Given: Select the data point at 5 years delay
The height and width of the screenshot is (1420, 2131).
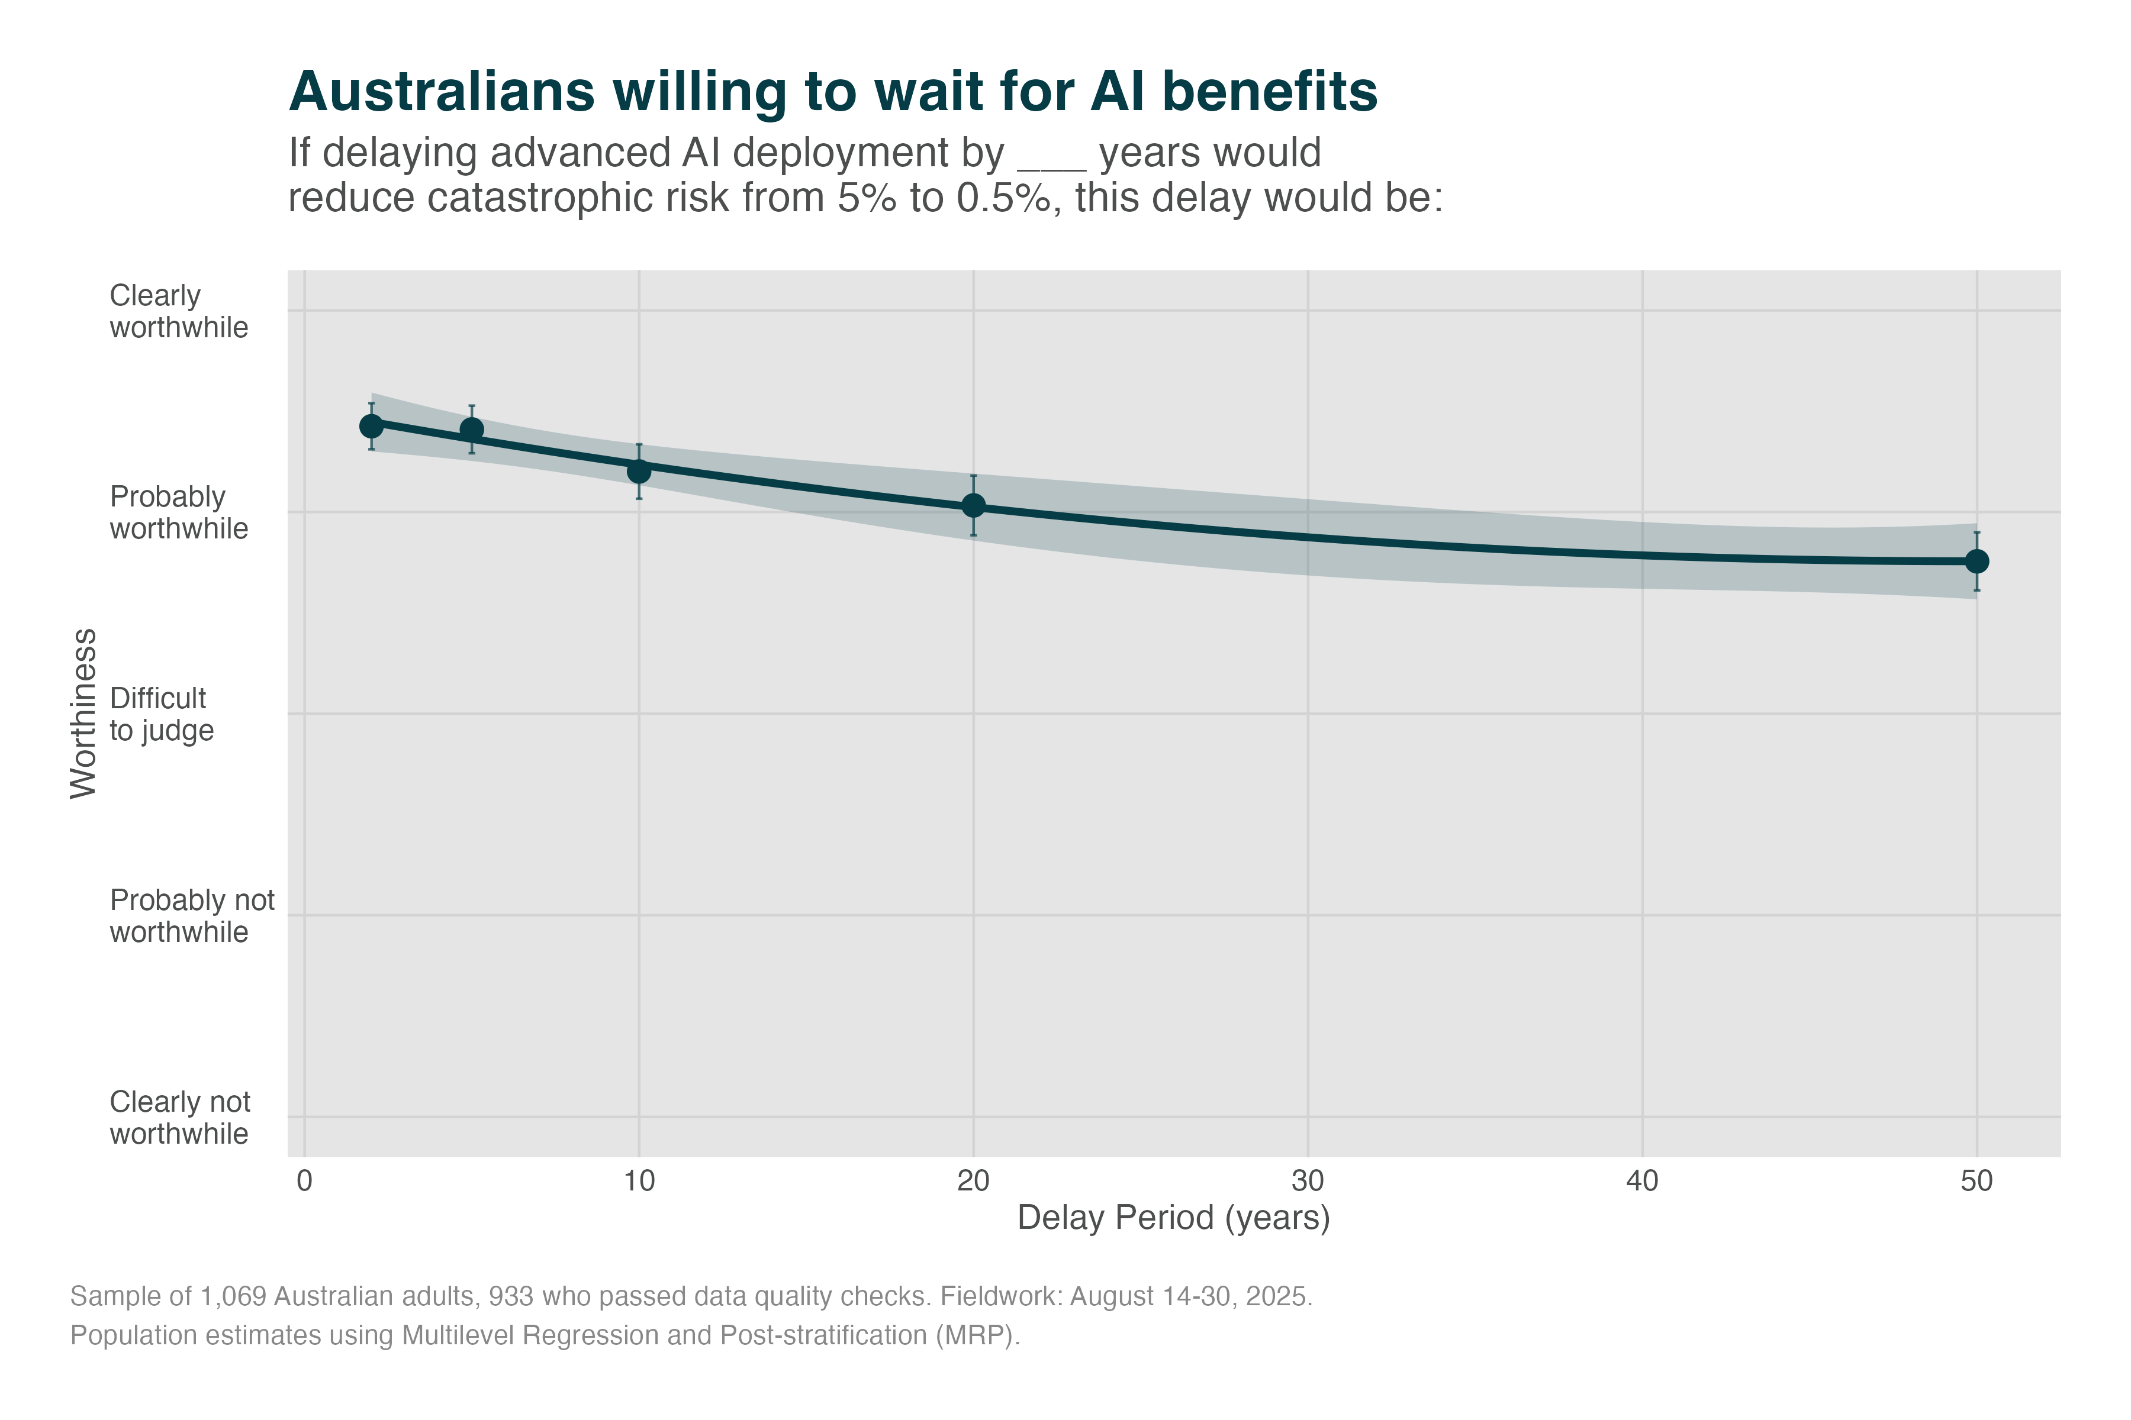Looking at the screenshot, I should [x=472, y=430].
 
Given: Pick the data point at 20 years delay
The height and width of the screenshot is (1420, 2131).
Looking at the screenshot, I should [x=973, y=505].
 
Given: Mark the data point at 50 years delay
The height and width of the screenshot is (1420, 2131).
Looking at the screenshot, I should [x=1977, y=561].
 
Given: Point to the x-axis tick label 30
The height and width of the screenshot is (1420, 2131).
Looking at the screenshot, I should [x=1308, y=1181].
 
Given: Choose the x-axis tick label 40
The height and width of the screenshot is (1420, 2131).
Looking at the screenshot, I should [x=1641, y=1181].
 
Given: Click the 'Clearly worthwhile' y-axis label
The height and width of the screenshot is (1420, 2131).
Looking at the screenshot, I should [x=179, y=312].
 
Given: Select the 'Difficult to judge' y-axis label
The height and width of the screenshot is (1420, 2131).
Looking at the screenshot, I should [x=161, y=715].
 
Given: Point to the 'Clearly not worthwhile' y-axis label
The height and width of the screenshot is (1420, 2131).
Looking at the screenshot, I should [x=179, y=1118].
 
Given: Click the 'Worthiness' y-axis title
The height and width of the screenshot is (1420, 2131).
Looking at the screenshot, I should [x=83, y=714].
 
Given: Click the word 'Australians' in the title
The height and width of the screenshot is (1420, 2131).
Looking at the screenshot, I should [x=441, y=92].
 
